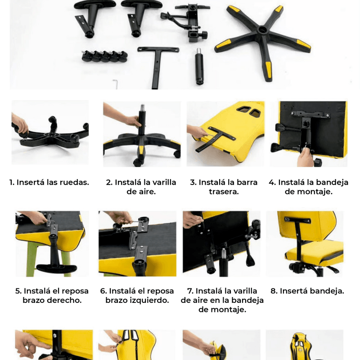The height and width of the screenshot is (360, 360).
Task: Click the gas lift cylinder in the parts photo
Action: [199, 66]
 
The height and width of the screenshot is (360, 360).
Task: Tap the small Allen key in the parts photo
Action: [116, 84]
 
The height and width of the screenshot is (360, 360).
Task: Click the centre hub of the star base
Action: [262, 30]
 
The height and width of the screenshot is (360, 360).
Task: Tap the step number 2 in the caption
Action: [109, 182]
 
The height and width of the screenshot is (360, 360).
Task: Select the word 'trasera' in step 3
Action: [224, 192]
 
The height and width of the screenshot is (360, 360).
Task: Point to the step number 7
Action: [190, 291]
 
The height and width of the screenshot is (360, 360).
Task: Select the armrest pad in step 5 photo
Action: [57, 268]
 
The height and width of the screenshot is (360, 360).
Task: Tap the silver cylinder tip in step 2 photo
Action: [143, 108]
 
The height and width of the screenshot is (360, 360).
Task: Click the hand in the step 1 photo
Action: [20, 124]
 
